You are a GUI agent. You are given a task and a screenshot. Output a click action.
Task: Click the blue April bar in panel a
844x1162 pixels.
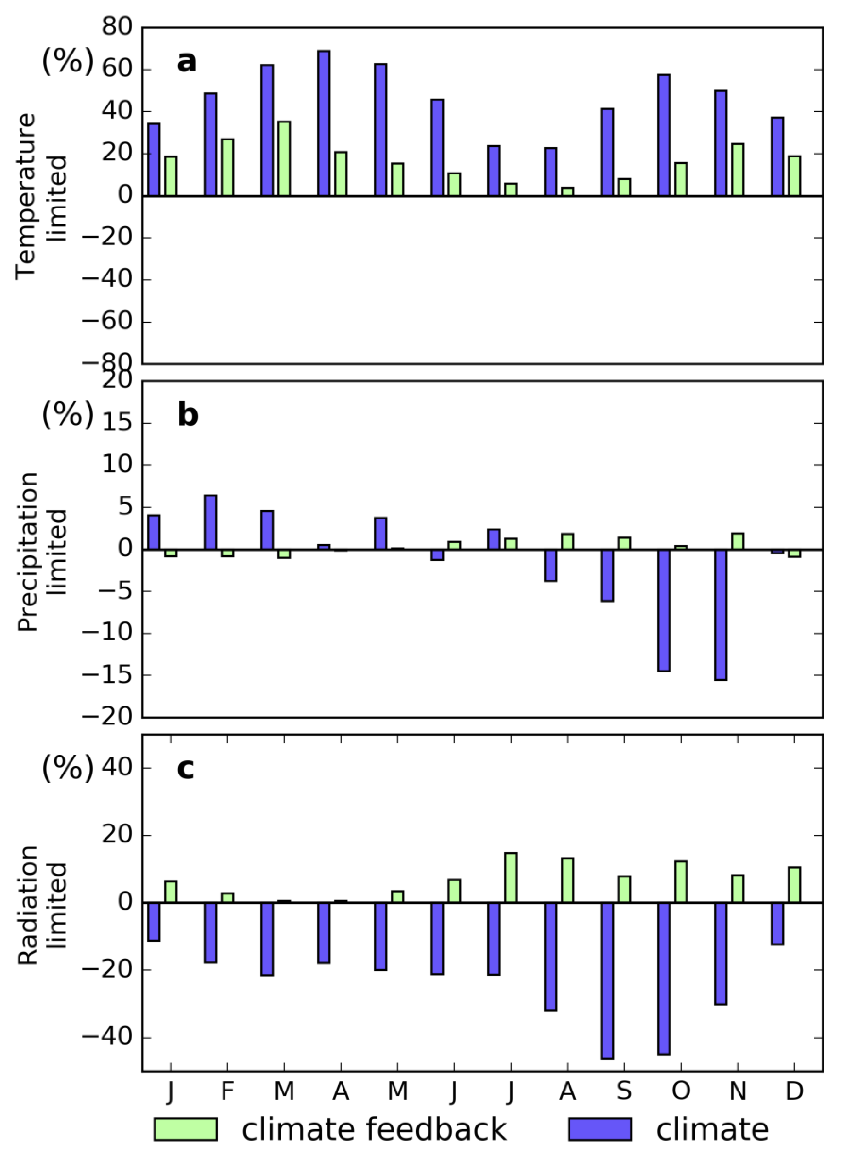(324, 123)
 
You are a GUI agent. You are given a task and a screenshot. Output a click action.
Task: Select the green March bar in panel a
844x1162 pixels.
(284, 159)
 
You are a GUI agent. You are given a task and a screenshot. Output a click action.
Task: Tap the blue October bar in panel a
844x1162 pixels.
(664, 135)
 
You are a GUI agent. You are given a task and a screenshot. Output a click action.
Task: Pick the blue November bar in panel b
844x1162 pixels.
(721, 615)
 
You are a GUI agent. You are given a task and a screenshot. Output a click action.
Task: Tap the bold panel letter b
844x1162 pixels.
(188, 415)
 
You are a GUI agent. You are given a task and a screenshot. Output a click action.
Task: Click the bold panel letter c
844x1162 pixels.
(185, 768)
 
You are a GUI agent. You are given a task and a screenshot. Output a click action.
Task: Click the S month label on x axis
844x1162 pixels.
(624, 1091)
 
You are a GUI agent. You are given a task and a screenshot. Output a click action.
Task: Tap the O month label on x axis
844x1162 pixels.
(681, 1091)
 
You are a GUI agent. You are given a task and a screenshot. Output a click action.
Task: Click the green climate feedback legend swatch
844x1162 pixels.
(185, 1129)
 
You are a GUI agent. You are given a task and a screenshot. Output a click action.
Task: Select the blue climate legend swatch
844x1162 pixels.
(600, 1129)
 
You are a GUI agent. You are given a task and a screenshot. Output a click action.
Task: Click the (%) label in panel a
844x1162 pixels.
(68, 61)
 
